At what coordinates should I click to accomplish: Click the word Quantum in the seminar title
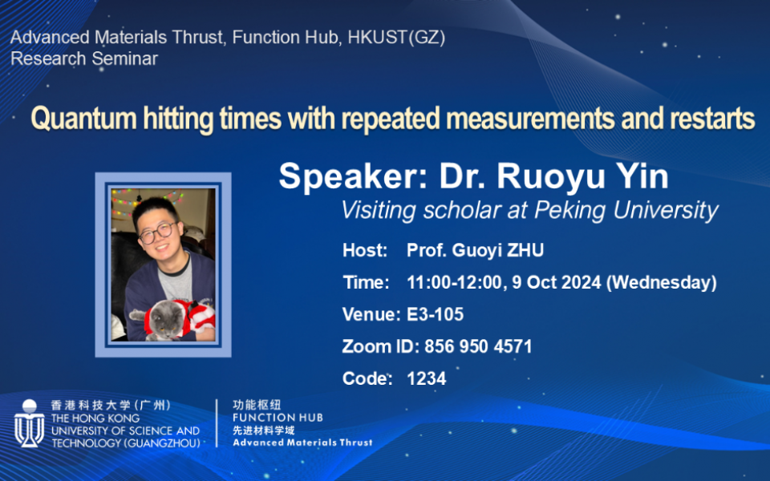[x=84, y=119]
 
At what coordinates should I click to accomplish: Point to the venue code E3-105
[x=435, y=314]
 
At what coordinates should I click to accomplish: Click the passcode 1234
[x=426, y=378]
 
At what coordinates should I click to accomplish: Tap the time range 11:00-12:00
[x=454, y=283]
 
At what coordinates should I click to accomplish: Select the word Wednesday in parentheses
[x=662, y=283]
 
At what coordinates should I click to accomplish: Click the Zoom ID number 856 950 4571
[x=478, y=346]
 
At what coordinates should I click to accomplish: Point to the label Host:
[x=365, y=250]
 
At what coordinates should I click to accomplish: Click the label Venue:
[x=371, y=314]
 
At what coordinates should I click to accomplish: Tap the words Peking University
[x=626, y=210]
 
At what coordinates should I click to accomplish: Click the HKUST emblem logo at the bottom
[x=30, y=423]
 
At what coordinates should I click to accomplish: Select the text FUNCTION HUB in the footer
[x=278, y=418]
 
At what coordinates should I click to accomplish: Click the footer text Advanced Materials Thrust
[x=302, y=443]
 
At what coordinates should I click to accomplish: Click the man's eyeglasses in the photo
[x=158, y=232]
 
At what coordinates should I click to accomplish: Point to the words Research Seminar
[x=84, y=59]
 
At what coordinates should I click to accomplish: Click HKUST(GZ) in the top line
[x=396, y=38]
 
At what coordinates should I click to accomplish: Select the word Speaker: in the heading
[x=353, y=176]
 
